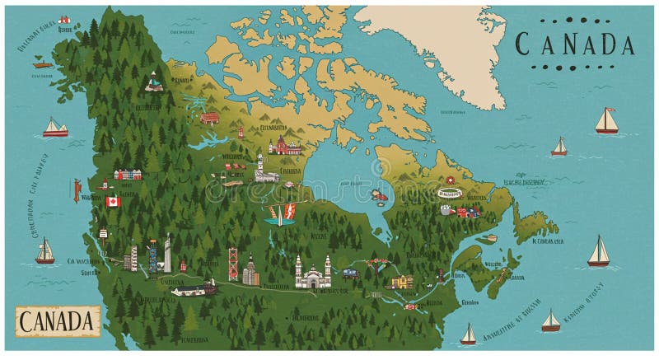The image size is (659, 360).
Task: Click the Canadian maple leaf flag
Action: click(113, 201)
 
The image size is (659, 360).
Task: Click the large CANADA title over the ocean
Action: click(574, 44)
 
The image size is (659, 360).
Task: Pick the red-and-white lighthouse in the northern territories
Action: click(241, 132)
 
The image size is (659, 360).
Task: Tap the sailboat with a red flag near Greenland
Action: click(606, 121)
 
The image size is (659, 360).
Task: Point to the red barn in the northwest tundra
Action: click(210, 118)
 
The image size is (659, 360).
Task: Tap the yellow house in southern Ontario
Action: click(403, 281)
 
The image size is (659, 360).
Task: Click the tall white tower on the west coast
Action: click(167, 253)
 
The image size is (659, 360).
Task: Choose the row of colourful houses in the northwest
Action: click(128, 174)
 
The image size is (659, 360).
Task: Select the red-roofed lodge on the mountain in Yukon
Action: click(153, 82)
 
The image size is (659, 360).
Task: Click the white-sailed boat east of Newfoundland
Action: click(599, 251)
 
